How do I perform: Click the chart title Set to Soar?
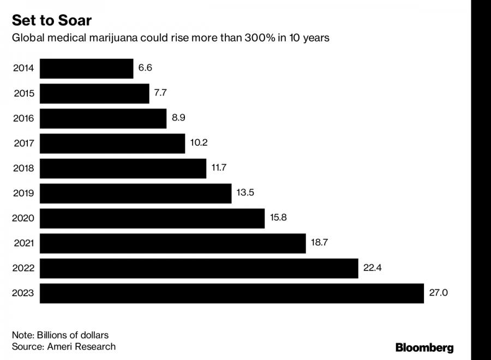52,21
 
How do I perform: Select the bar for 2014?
87,69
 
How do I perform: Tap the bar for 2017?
112,143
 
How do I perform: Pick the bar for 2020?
152,218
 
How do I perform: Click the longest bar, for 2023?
232,293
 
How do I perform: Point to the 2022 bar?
199,268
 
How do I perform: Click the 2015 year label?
23,93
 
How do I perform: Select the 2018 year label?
23,169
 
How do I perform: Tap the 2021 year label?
23,243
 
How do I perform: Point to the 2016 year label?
23,118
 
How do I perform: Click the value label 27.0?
438,293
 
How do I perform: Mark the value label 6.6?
145,68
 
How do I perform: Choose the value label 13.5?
245,193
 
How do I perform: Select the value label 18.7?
319,243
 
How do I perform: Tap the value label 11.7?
219,167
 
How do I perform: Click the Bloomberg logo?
424,348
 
